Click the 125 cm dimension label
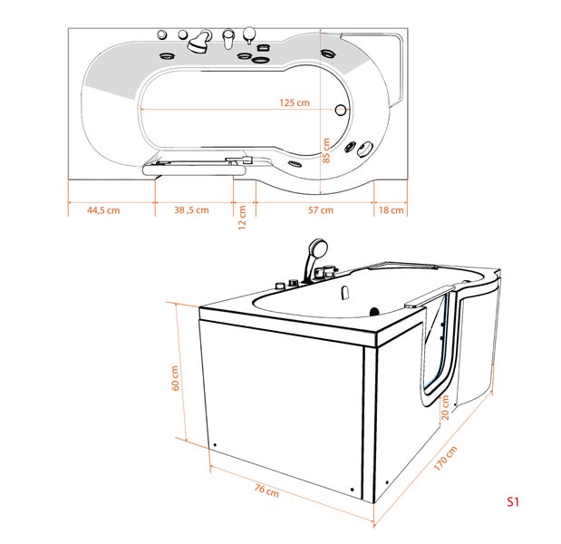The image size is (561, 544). point(295,102)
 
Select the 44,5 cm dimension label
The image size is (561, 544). point(103,209)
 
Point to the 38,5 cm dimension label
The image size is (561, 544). point(190,209)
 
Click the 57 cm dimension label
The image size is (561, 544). point(320,209)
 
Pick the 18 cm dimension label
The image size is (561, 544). point(392,209)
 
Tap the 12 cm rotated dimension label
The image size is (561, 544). point(242,218)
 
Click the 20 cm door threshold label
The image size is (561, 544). point(444,411)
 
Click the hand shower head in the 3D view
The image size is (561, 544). point(316,247)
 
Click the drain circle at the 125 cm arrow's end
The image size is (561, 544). point(341,111)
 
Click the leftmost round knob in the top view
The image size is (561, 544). point(162,34)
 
